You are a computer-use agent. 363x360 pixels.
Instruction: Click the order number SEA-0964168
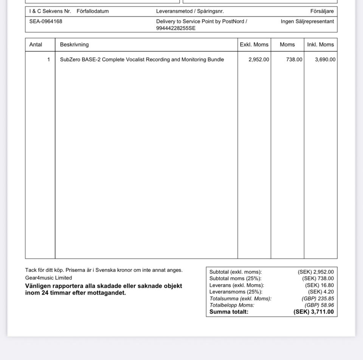pyautogui.click(x=46, y=22)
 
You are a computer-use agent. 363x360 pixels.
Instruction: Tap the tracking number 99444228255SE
pyautogui.click(x=176, y=28)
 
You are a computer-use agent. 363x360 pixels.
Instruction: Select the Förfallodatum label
pyautogui.click(x=93, y=11)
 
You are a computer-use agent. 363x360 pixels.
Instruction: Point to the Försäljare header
pyautogui.click(x=322, y=11)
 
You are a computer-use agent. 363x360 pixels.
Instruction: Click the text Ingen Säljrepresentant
pyautogui.click(x=307, y=22)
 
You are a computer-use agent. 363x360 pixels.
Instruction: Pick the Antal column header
pyautogui.click(x=36, y=45)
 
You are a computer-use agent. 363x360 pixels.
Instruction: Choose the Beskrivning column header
pyautogui.click(x=74, y=45)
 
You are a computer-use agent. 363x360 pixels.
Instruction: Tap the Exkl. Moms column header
pyautogui.click(x=254, y=45)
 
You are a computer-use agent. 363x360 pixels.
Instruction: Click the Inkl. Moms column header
pyautogui.click(x=320, y=45)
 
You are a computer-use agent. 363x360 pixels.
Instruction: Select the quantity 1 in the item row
pyautogui.click(x=48, y=60)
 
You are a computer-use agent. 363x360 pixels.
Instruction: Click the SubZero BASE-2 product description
pyautogui.click(x=142, y=60)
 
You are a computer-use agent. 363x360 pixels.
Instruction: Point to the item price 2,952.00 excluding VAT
pyautogui.click(x=259, y=60)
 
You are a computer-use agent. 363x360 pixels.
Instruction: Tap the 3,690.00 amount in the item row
pyautogui.click(x=325, y=60)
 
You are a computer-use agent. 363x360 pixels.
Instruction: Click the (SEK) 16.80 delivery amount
pyautogui.click(x=320, y=285)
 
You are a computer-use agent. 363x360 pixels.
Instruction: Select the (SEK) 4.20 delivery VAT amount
pyautogui.click(x=321, y=292)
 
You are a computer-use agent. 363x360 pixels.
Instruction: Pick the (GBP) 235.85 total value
pyautogui.click(x=315, y=298)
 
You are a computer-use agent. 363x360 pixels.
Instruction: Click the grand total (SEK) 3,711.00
pyautogui.click(x=313, y=312)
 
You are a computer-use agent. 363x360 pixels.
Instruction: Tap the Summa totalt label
pyautogui.click(x=229, y=312)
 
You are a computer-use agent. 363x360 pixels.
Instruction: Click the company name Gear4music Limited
pyautogui.click(x=48, y=278)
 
